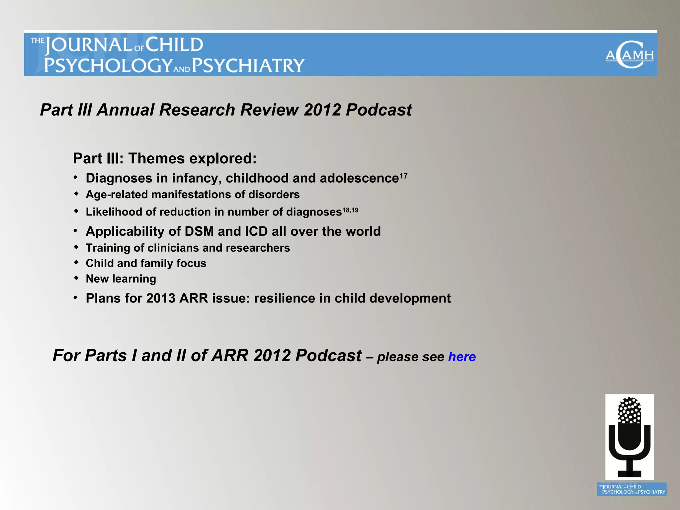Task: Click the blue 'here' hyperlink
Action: coord(462,357)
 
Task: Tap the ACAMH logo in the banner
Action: coord(629,55)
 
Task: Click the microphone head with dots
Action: coord(630,411)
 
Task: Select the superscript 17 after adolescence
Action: coord(403,176)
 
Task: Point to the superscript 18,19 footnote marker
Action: coord(350,210)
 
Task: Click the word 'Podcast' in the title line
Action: coord(379,110)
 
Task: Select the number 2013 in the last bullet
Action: coord(161,298)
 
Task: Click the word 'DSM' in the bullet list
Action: coord(199,231)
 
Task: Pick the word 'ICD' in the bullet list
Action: coord(256,231)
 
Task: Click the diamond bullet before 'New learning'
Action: coord(76,278)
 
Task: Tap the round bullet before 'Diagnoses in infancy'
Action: coord(76,178)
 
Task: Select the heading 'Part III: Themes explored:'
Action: coord(165,158)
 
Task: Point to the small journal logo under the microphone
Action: coord(632,489)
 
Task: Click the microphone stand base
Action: coord(630,473)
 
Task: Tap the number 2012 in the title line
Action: coord(322,110)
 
